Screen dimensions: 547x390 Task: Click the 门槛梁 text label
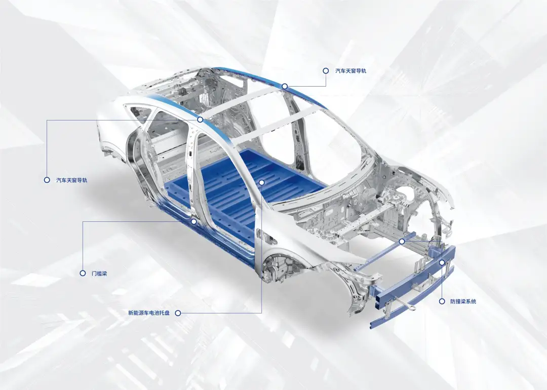click(99, 274)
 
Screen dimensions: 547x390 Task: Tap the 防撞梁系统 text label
click(463, 301)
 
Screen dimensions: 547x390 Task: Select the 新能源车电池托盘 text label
click(149, 313)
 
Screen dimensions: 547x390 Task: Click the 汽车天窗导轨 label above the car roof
click(350, 71)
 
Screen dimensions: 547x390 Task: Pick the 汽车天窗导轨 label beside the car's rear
click(71, 180)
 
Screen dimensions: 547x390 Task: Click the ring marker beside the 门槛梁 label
click(83, 274)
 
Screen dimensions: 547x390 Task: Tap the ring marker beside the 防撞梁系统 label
click(442, 301)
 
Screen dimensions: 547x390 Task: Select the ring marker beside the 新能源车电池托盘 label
click(178, 313)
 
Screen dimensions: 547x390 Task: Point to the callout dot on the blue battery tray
click(262, 182)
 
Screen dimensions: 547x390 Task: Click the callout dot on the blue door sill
click(194, 221)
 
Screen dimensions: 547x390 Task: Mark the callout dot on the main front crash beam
click(442, 262)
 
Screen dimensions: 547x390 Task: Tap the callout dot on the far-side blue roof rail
click(285, 86)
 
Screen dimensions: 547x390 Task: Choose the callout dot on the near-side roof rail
click(200, 120)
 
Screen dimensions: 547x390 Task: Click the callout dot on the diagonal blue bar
click(402, 242)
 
